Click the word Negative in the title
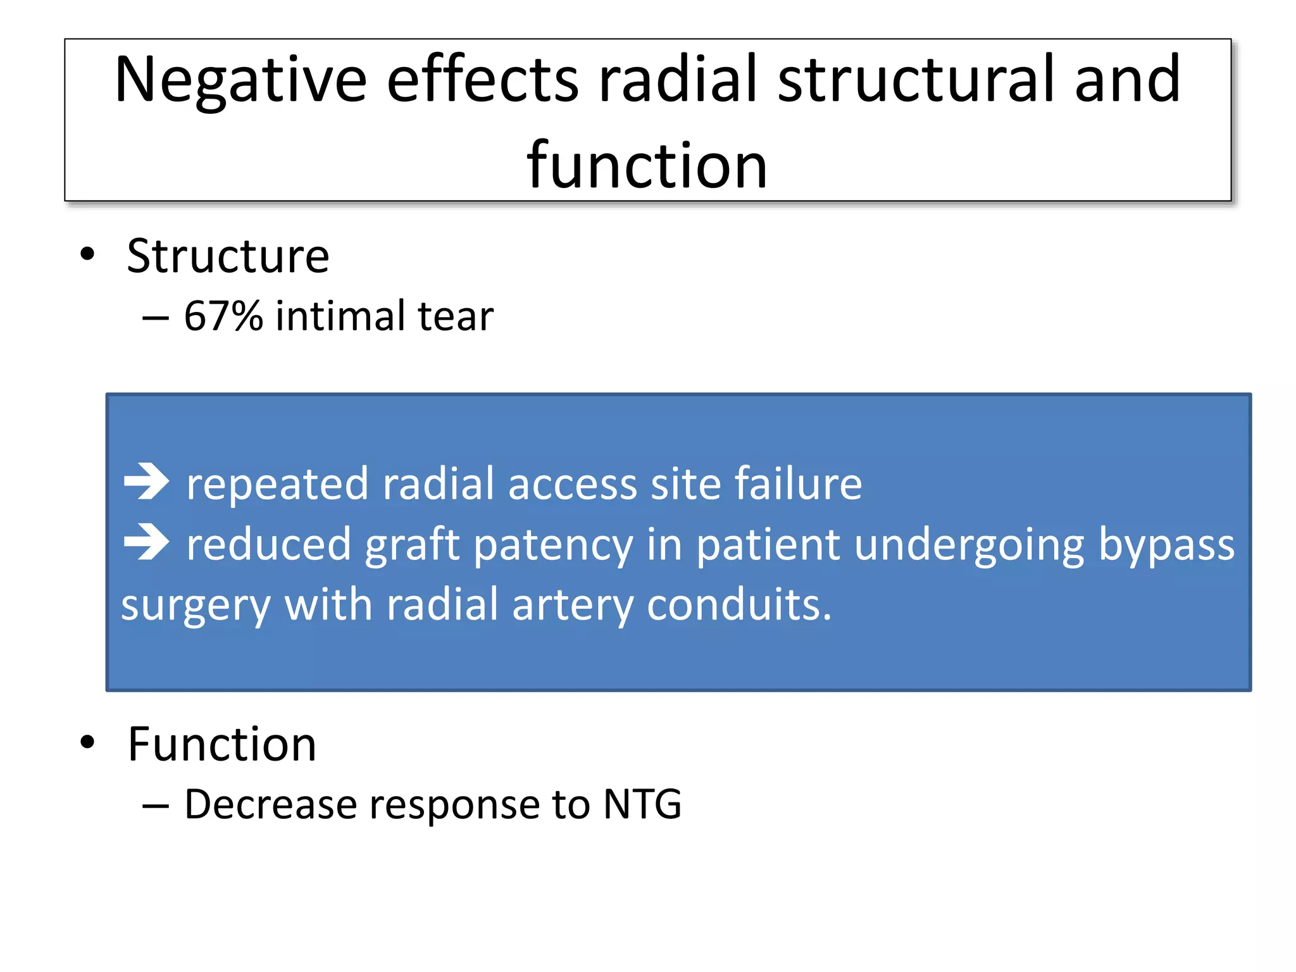coord(240,80)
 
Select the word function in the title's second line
coord(647,166)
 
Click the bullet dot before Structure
coord(87,254)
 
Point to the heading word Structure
coord(228,256)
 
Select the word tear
coord(455,317)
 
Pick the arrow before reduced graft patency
coord(146,542)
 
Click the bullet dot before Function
coord(87,742)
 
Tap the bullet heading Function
coord(221,744)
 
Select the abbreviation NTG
coord(642,804)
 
